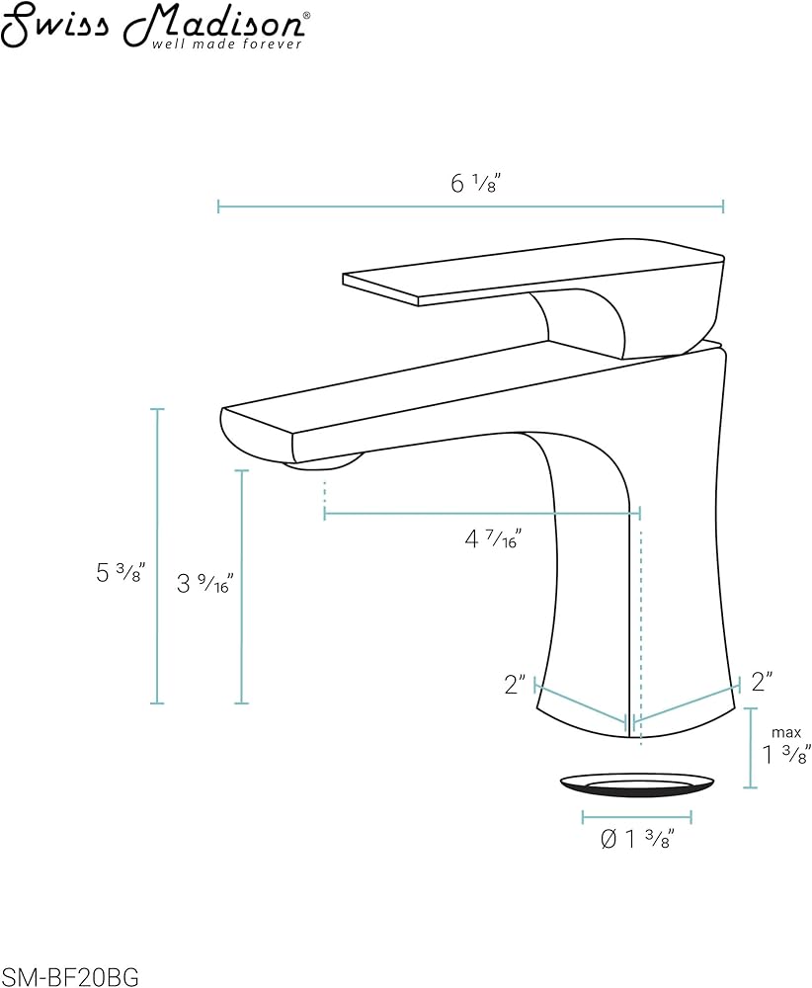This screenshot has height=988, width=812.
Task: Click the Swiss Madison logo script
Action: tap(154, 21)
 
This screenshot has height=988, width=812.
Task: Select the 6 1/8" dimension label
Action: tap(475, 183)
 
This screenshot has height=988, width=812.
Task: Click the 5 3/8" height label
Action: tap(121, 573)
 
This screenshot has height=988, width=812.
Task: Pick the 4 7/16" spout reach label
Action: tap(493, 539)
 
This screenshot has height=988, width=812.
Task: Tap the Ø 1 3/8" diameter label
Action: tap(637, 839)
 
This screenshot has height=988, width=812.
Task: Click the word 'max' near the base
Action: tap(786, 732)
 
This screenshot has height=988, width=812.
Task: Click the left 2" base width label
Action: tap(515, 684)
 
